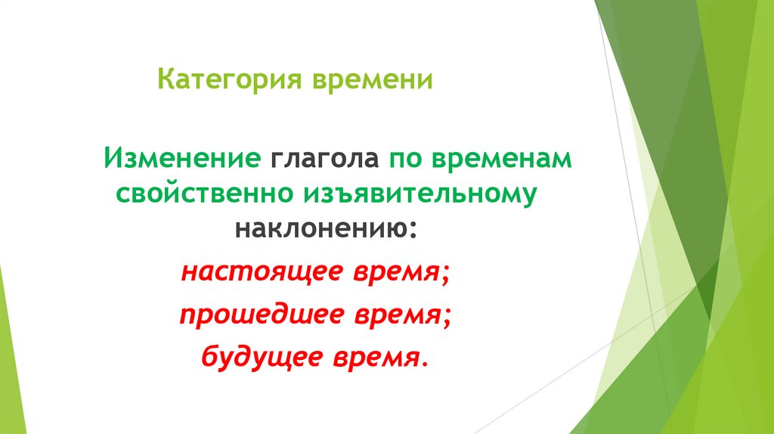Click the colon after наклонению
click(x=413, y=227)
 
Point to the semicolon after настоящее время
click(x=445, y=275)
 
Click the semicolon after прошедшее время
click(x=451, y=318)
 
